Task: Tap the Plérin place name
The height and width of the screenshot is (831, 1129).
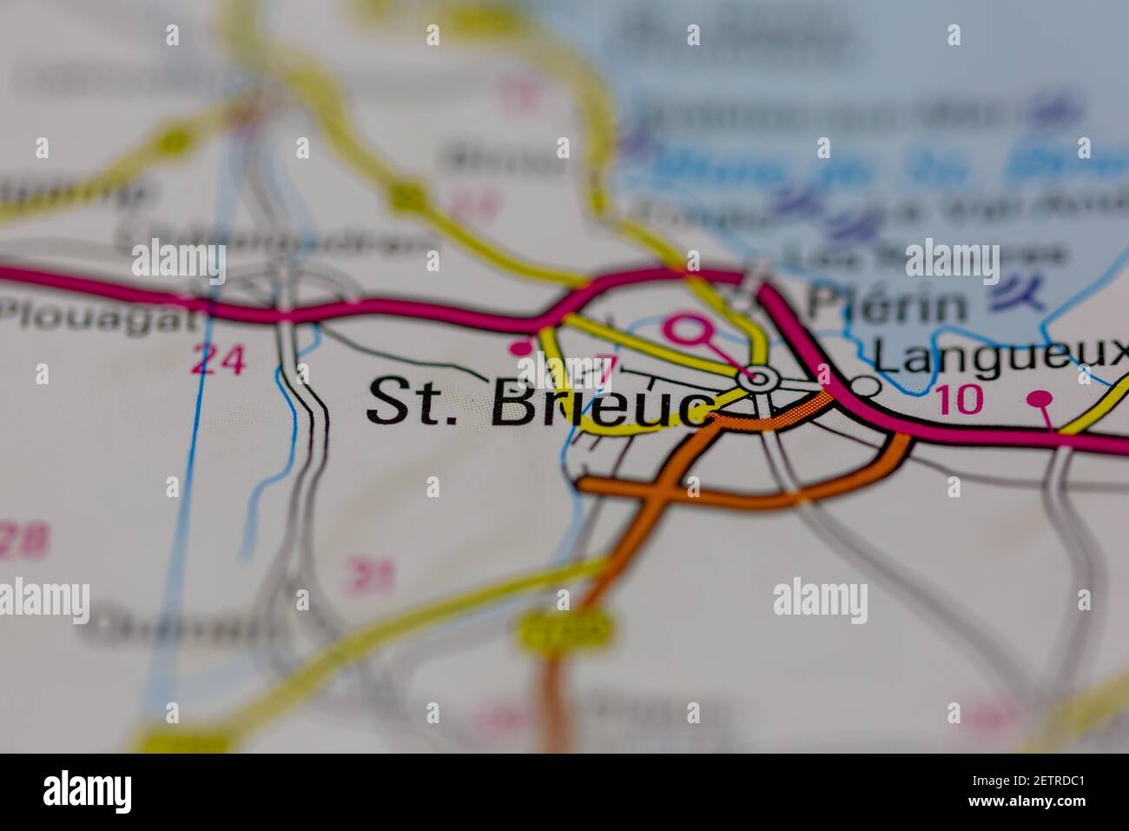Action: click(887, 305)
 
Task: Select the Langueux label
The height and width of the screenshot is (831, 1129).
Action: click(999, 355)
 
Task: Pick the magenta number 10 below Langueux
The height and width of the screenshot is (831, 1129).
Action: click(960, 399)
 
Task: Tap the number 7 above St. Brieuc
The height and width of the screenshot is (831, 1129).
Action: click(605, 369)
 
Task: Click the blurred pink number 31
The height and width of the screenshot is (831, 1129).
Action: click(369, 575)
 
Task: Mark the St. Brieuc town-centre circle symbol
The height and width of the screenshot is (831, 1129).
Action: click(759, 378)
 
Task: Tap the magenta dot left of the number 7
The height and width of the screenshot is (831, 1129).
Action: click(520, 349)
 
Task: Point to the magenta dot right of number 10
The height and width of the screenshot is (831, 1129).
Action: click(1040, 399)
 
